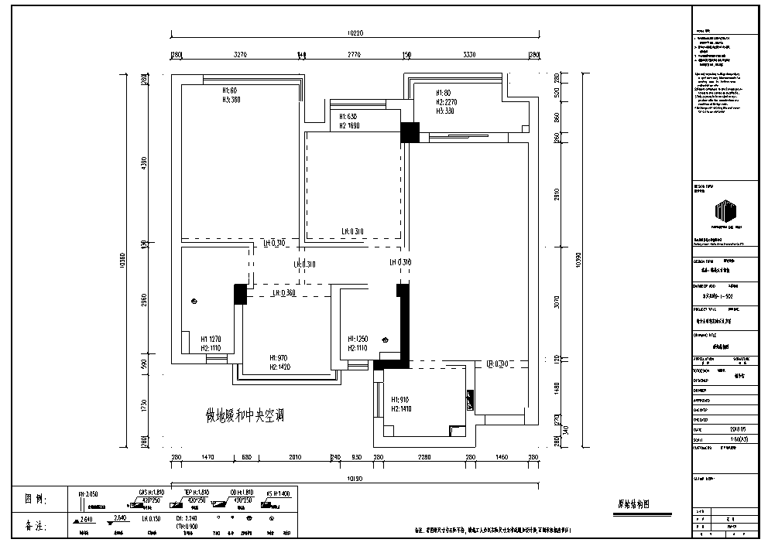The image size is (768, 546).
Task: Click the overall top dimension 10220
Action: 354,33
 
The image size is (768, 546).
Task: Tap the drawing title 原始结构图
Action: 637,503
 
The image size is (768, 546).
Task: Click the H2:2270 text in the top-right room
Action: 447,101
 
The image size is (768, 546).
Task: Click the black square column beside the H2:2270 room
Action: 410,132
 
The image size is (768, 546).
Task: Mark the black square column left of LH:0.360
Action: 240,294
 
